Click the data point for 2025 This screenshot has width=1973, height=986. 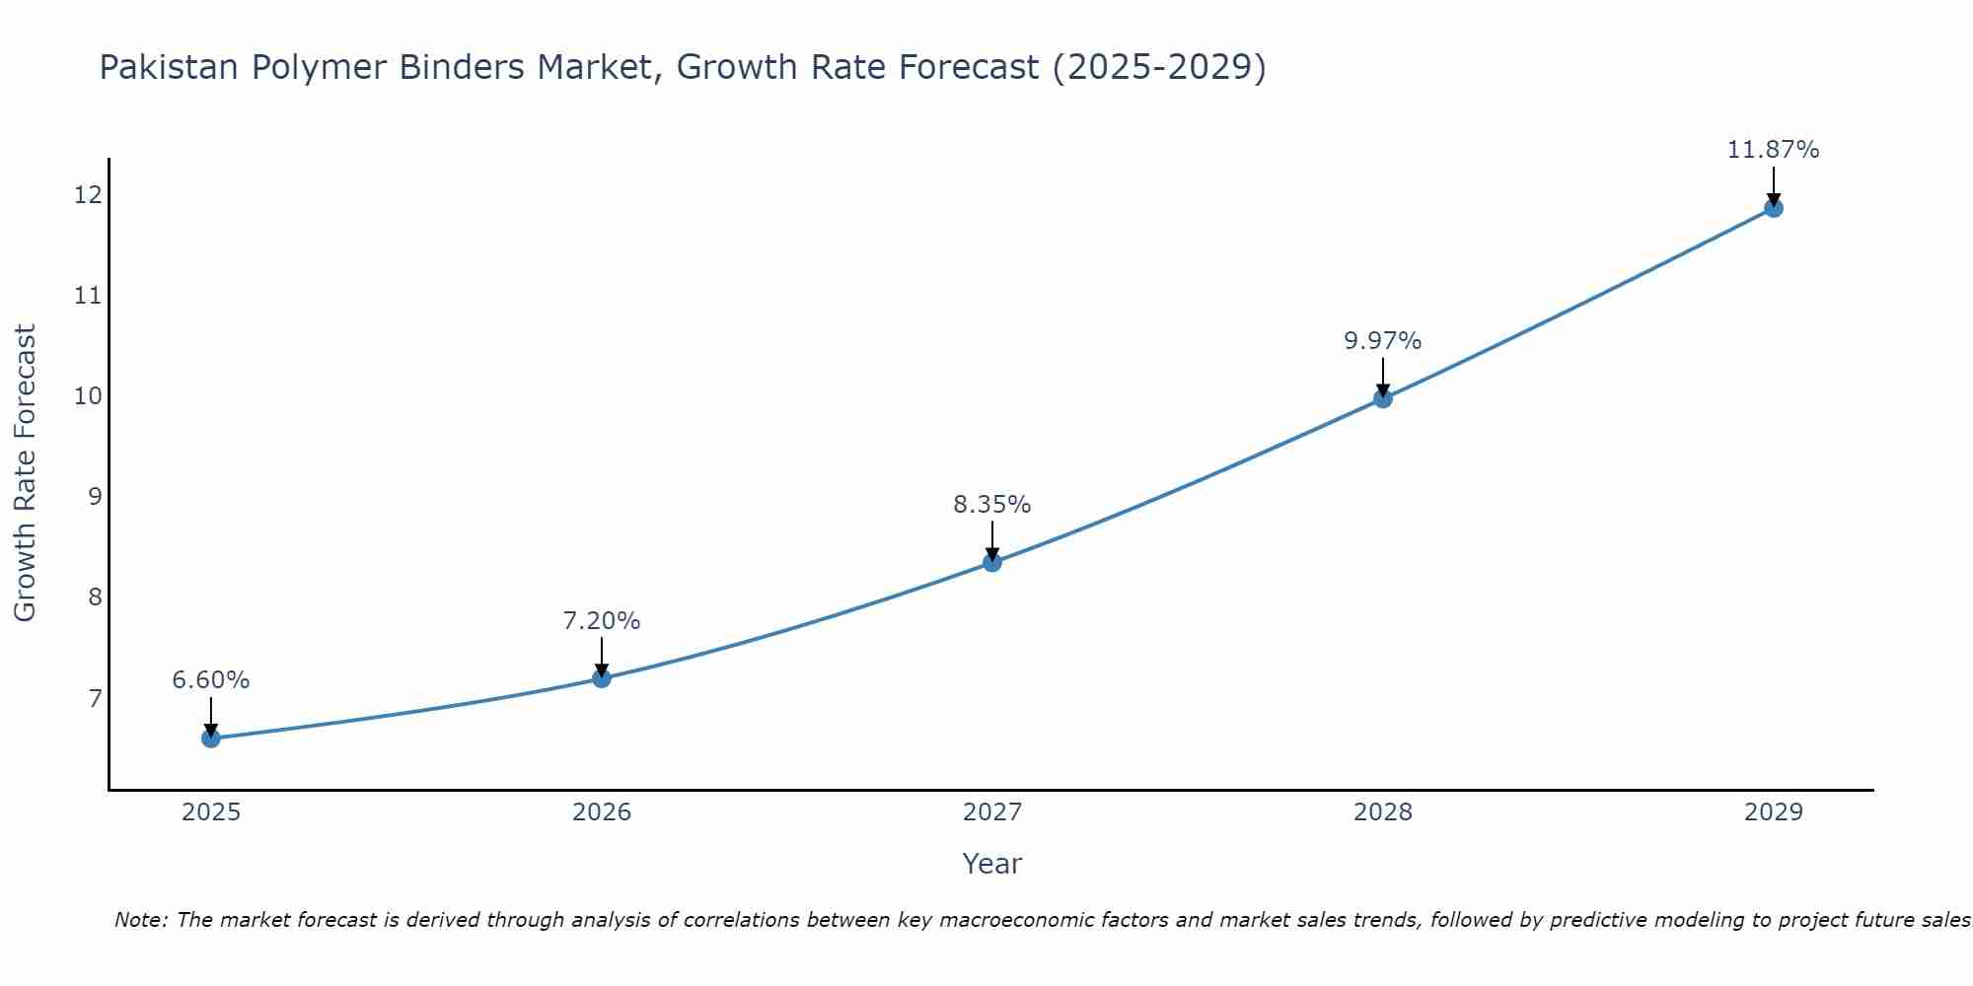coord(211,739)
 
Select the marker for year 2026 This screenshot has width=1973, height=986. coord(602,678)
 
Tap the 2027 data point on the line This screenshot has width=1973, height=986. coord(992,563)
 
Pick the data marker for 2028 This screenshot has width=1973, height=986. coord(1383,399)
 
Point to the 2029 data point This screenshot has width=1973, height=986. coord(1774,208)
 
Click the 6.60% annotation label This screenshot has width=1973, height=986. coord(211,680)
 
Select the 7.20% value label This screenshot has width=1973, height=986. coord(602,621)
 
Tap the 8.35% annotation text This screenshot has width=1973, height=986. coord(992,505)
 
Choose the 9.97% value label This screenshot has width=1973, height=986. coord(1383,341)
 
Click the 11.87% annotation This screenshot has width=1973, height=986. coord(1774,150)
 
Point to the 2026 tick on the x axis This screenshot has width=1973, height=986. coord(602,812)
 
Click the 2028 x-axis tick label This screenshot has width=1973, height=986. coord(1383,812)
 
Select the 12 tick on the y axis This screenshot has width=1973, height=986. coord(88,195)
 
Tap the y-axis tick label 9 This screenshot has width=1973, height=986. coord(95,497)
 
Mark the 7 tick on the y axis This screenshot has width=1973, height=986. coord(95,699)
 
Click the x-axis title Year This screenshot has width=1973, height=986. coord(992,864)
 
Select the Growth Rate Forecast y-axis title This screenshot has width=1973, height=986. coord(26,473)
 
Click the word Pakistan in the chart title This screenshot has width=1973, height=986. coord(169,68)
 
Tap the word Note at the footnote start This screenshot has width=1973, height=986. coord(141,921)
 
